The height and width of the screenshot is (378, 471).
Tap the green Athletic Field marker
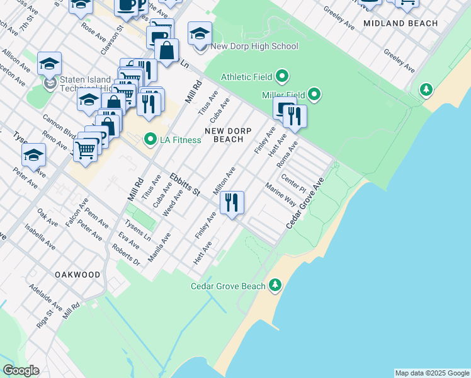283,77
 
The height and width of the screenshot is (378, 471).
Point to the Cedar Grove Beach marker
275,286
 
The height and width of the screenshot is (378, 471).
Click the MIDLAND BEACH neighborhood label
400,23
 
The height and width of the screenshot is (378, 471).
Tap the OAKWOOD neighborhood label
77,275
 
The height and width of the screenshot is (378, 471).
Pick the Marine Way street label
280,195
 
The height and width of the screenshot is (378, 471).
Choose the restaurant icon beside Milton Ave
232,203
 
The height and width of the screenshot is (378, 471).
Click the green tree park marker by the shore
427,89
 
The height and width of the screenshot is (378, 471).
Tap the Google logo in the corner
21,370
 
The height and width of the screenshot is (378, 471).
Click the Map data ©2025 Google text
431,373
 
